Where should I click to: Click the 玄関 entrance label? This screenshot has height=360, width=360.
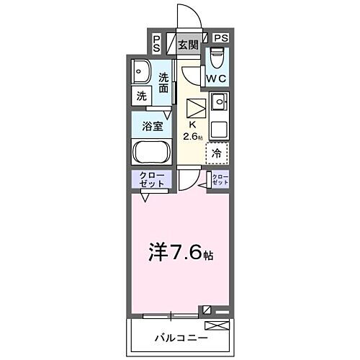tap(188, 45)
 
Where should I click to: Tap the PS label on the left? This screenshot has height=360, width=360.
tap(157, 43)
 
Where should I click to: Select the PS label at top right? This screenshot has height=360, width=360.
tap(220, 38)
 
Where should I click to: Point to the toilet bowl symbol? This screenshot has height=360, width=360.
tap(217, 57)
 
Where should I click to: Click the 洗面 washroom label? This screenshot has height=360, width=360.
tap(164, 83)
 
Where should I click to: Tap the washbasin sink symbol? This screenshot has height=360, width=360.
tap(140, 72)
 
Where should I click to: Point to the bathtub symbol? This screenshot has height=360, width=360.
tap(151, 152)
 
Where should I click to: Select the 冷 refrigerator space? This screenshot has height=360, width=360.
tap(217, 153)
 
